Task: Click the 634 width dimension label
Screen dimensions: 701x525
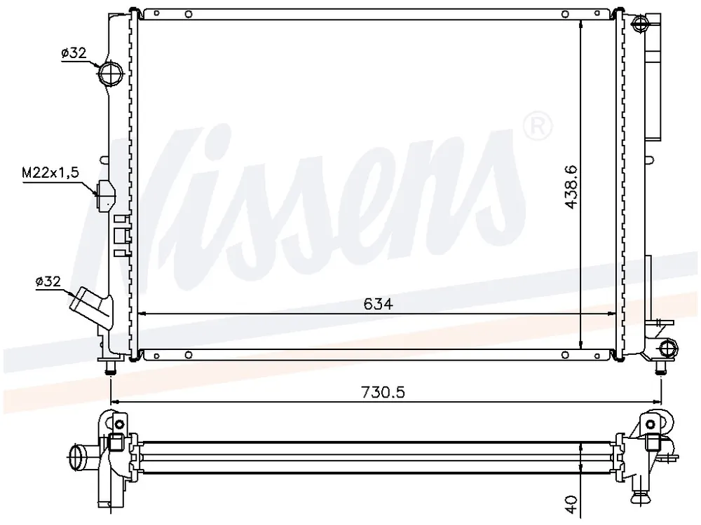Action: coord(379,304)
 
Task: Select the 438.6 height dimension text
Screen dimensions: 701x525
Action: coord(571,187)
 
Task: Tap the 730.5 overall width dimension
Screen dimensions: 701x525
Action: coord(383,392)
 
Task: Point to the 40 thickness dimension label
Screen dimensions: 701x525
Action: coord(572,503)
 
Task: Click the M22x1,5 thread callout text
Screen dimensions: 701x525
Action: coord(50,172)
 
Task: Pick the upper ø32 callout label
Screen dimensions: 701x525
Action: coord(74,53)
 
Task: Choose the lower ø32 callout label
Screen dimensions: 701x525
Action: coord(48,281)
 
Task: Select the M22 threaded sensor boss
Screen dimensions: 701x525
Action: coord(106,195)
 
